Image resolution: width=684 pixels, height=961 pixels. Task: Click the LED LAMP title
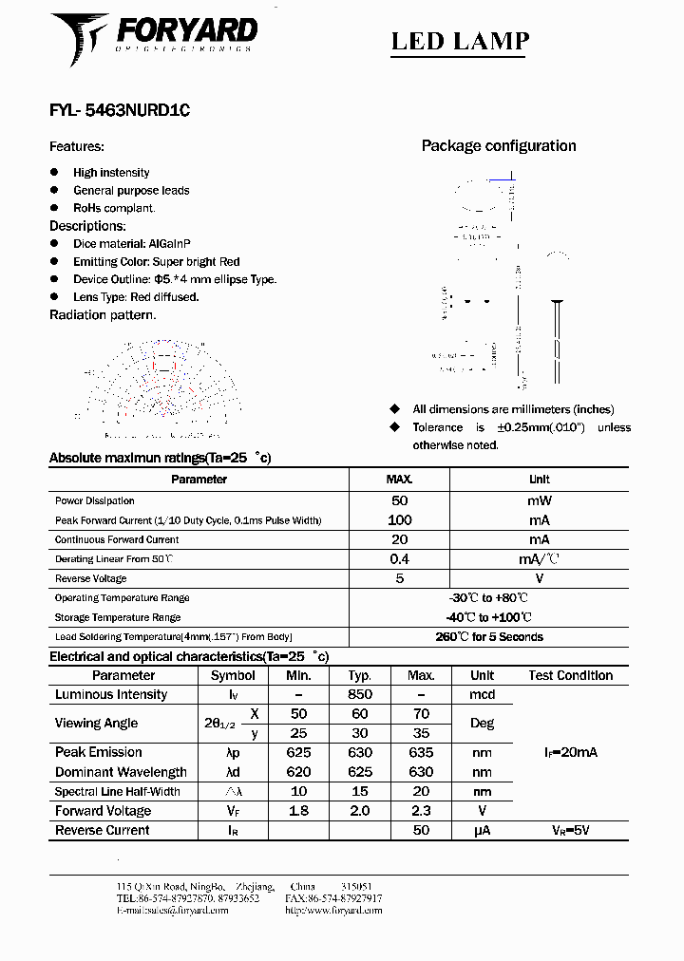[x=461, y=41]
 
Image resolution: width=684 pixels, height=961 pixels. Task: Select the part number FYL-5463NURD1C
[x=120, y=110]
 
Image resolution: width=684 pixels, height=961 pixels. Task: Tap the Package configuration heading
[x=499, y=145]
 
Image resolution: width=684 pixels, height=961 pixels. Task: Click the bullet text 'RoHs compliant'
[x=114, y=208]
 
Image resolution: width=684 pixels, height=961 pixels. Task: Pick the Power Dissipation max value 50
[x=399, y=500]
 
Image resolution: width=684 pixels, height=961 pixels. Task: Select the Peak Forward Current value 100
[x=399, y=520]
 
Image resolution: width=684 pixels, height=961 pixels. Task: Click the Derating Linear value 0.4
[x=399, y=559]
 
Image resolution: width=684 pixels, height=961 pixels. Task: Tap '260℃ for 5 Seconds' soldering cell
[x=489, y=637]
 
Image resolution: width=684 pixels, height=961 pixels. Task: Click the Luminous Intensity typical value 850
[x=360, y=694]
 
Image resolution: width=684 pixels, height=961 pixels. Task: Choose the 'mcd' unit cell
[x=482, y=694]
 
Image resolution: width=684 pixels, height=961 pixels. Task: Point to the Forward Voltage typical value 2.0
[x=360, y=811]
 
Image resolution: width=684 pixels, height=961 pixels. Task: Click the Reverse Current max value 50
[x=421, y=830]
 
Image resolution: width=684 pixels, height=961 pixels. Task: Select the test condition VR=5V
[x=570, y=830]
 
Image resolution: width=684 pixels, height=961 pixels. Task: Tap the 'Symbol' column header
[x=233, y=675]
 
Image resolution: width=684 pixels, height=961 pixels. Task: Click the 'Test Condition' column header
[x=570, y=675]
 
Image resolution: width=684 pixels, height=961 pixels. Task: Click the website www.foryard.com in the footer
[x=333, y=910]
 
